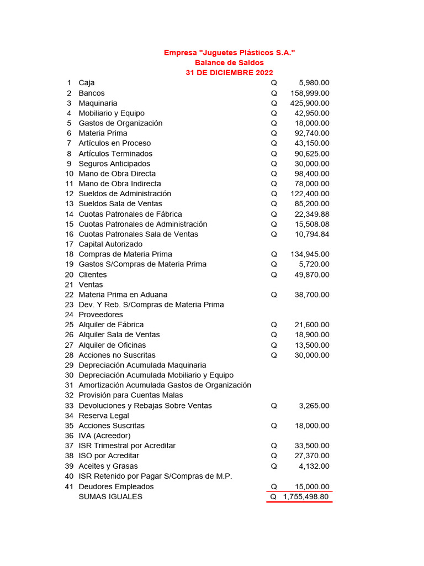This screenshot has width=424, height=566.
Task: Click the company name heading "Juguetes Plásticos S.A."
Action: coord(229,53)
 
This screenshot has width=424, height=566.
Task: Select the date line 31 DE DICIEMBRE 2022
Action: coord(229,72)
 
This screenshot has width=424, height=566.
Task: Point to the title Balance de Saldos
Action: coord(229,62)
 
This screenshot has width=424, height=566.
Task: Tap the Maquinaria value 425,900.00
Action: coord(310,103)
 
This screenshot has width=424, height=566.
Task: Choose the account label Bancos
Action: coord(92,93)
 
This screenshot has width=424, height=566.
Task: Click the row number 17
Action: coord(69,244)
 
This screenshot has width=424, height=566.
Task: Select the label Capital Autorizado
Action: coord(110,244)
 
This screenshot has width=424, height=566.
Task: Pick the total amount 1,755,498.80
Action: coord(306,497)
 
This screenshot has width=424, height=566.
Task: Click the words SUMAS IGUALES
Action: coord(110,497)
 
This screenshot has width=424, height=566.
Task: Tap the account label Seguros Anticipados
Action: coord(114,164)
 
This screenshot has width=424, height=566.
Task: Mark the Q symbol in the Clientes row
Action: coord(274,275)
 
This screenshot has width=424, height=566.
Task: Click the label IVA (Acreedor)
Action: coord(105,436)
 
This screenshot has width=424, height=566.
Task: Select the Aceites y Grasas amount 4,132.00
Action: coord(314,466)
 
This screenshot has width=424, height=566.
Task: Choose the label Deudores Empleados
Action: coord(116,486)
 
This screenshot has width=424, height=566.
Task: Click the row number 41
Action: coord(69,486)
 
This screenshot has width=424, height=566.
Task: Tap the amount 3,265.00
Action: coord(314,406)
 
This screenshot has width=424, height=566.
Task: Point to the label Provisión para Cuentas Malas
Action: coord(131,395)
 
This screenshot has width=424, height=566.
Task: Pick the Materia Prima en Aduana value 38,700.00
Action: coord(312,295)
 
